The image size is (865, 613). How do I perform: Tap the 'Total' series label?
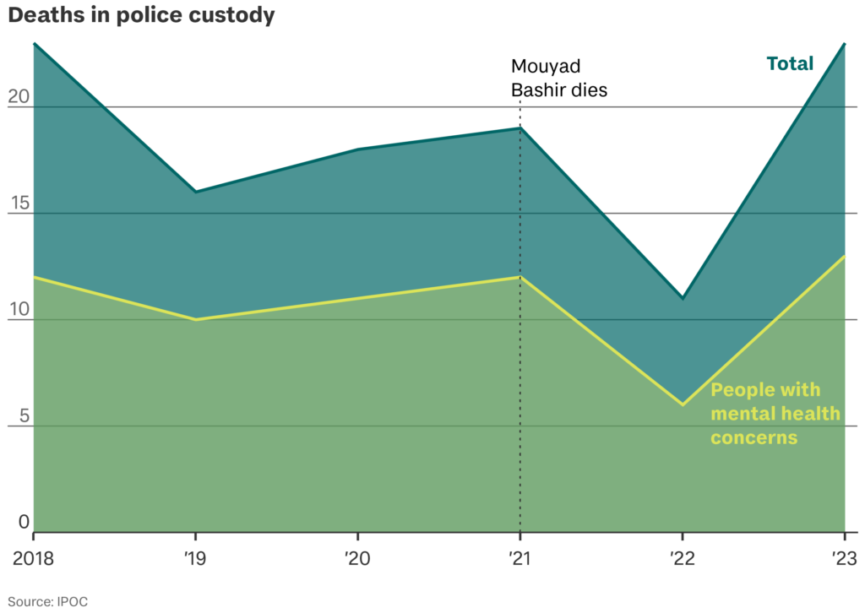tap(789, 63)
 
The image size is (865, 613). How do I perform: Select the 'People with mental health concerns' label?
tap(775, 414)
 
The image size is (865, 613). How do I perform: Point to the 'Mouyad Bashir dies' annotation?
tap(559, 78)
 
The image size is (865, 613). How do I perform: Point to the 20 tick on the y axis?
tap(19, 97)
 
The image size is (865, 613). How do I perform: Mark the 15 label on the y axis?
tap(19, 203)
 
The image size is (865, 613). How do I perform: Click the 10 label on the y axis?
tap(19, 310)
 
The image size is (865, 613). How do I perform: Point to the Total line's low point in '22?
tap(683, 298)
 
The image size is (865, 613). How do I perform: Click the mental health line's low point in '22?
tap(683, 404)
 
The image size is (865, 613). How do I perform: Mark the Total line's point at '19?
tap(196, 192)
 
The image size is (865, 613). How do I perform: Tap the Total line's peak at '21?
tap(520, 128)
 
